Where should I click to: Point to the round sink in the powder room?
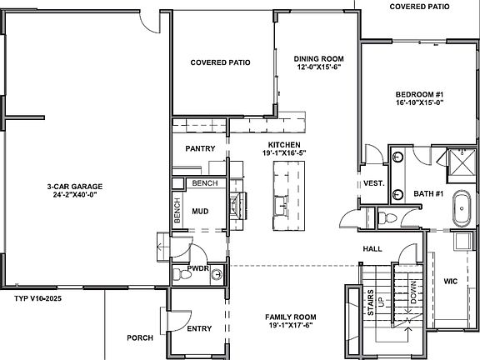216,273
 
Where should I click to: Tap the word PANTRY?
200,149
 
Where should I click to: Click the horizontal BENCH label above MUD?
204,182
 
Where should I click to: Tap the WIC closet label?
451,280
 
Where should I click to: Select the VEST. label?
372,183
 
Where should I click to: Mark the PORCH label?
139,338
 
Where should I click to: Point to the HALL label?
372,249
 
